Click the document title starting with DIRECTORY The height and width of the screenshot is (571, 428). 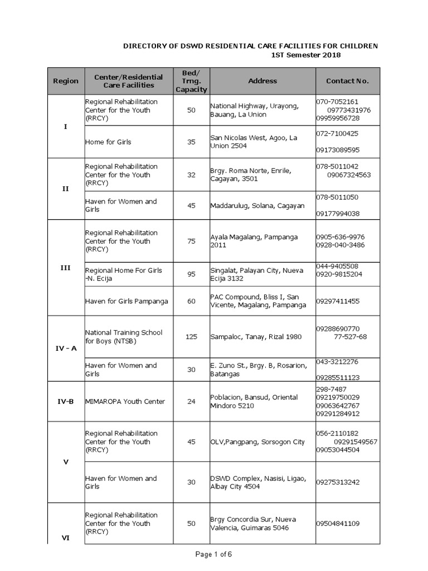250,45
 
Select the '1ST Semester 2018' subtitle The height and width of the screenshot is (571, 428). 305,55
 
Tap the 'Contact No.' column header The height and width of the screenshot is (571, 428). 347,81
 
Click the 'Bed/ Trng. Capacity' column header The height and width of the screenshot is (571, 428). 191,81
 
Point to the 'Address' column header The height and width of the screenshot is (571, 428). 262,81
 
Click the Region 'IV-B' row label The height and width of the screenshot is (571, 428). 65,401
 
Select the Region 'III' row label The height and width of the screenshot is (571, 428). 65,268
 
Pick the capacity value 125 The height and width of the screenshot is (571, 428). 191,337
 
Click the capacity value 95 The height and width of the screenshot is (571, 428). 191,274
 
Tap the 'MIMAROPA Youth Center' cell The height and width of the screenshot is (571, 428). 125,401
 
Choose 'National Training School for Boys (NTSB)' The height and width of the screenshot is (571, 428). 124,337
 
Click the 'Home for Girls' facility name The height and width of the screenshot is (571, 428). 108,142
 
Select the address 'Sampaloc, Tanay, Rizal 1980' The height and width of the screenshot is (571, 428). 256,337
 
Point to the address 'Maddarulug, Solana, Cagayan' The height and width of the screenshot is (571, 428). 257,206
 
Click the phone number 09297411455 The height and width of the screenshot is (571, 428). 338,301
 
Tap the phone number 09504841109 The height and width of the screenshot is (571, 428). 338,524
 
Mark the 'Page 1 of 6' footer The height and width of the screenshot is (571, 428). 213,554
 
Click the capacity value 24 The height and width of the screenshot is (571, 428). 191,401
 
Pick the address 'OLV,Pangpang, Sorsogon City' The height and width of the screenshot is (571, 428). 257,442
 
